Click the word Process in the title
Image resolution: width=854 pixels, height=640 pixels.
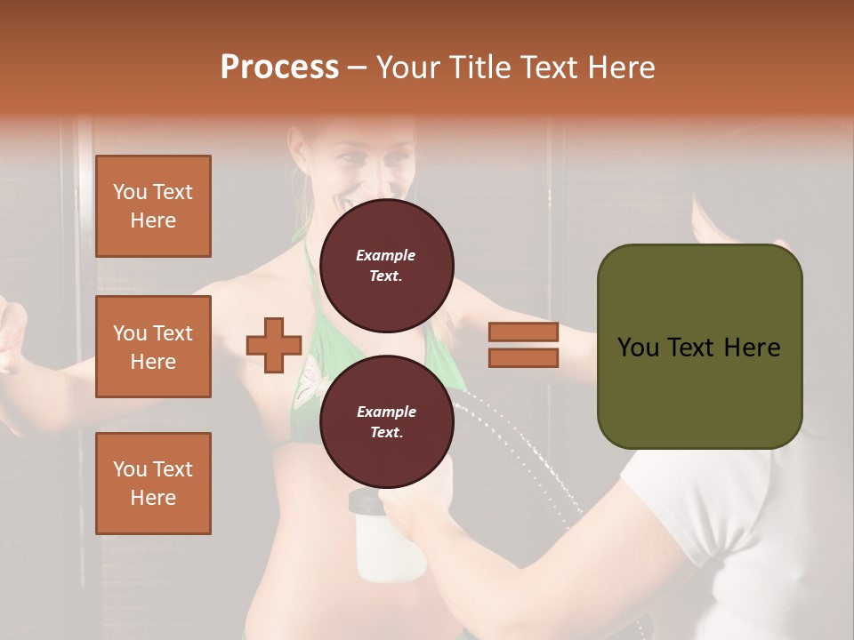coord(279,68)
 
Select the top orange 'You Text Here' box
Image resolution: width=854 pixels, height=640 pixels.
coord(153,206)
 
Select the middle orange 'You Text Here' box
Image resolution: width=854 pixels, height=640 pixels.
coord(153,347)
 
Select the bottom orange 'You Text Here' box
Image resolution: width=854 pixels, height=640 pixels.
coord(153,484)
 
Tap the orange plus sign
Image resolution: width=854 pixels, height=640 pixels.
coord(274,345)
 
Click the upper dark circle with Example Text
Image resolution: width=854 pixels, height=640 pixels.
coord(386,266)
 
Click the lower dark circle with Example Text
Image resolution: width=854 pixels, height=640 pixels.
coord(386,422)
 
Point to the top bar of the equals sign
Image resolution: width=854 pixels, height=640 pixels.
coord(523,332)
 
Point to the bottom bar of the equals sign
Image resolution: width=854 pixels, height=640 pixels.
coord(523,357)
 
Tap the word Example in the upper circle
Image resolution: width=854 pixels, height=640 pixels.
coord(386,255)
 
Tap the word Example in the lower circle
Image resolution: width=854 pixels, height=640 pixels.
coord(386,412)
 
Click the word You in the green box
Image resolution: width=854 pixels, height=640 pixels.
coord(638,348)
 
